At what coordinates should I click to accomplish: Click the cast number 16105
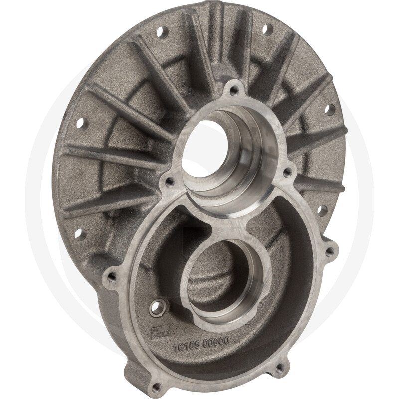(185, 346)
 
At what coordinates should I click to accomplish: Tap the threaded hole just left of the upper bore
(169, 181)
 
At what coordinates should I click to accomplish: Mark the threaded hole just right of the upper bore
(287, 173)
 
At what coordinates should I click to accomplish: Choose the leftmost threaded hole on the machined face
(112, 276)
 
